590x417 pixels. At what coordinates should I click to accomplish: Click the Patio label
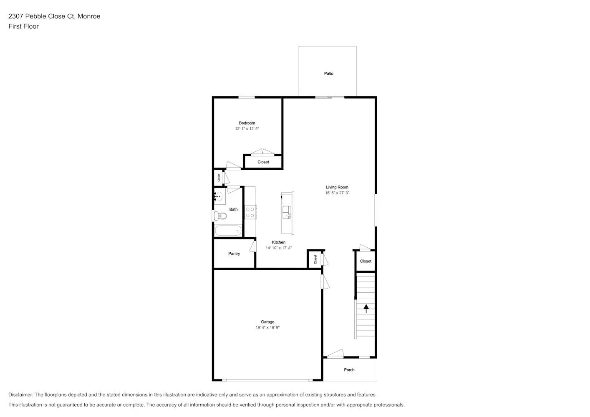click(x=328, y=74)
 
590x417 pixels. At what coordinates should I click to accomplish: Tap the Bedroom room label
click(x=247, y=123)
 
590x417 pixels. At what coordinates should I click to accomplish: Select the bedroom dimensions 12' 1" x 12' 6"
click(x=247, y=129)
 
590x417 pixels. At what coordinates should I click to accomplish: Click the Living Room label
click(x=337, y=187)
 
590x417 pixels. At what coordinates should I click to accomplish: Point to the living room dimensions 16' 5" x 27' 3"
click(x=337, y=193)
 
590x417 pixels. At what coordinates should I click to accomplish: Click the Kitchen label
click(x=279, y=242)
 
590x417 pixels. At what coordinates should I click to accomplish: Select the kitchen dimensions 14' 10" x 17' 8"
click(x=279, y=248)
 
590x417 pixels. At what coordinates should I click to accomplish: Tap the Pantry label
click(x=234, y=254)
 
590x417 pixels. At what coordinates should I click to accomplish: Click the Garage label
click(x=267, y=322)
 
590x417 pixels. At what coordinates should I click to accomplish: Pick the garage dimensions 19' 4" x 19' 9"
click(x=267, y=328)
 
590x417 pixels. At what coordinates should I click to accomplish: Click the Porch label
click(x=349, y=370)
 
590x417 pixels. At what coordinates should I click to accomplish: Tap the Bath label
click(x=233, y=209)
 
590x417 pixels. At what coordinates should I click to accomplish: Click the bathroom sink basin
click(x=219, y=196)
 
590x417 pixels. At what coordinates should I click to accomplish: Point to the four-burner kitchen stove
click(x=250, y=213)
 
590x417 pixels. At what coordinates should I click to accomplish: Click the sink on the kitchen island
click(x=287, y=212)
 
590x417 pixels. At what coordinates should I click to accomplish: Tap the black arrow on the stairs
click(x=366, y=309)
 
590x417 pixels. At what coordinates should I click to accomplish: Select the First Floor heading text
click(x=23, y=26)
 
